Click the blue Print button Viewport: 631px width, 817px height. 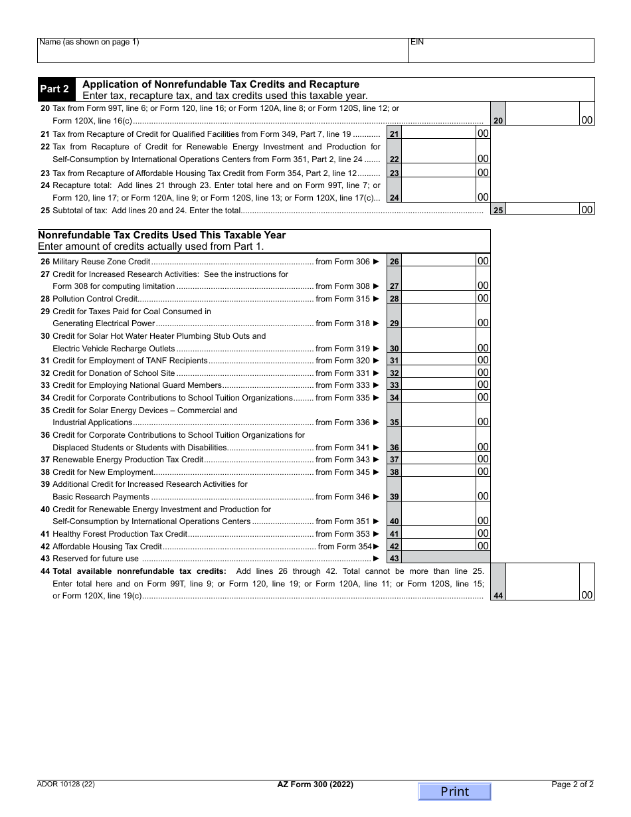(x=454, y=792)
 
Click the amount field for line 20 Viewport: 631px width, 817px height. (x=542, y=114)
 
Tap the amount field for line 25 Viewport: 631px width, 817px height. (x=542, y=209)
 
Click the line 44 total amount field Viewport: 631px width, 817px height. (x=542, y=582)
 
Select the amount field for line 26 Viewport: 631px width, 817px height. (x=439, y=261)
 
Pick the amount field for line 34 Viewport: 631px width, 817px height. (x=439, y=397)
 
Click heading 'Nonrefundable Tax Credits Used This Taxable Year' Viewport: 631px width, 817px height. (x=162, y=235)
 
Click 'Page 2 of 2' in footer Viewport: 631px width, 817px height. (x=573, y=784)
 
